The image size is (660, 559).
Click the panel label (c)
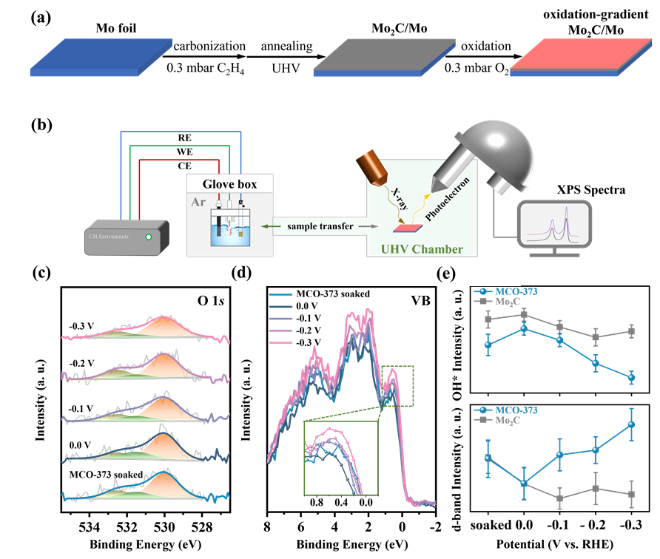(41, 274)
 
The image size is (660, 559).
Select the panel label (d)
(241, 274)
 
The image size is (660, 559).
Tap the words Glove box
(229, 183)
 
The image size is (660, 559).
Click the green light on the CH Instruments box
(150, 237)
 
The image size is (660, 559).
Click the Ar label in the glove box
(198, 201)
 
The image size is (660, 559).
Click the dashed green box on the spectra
(398, 385)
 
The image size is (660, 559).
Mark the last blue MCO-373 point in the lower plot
(631, 424)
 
